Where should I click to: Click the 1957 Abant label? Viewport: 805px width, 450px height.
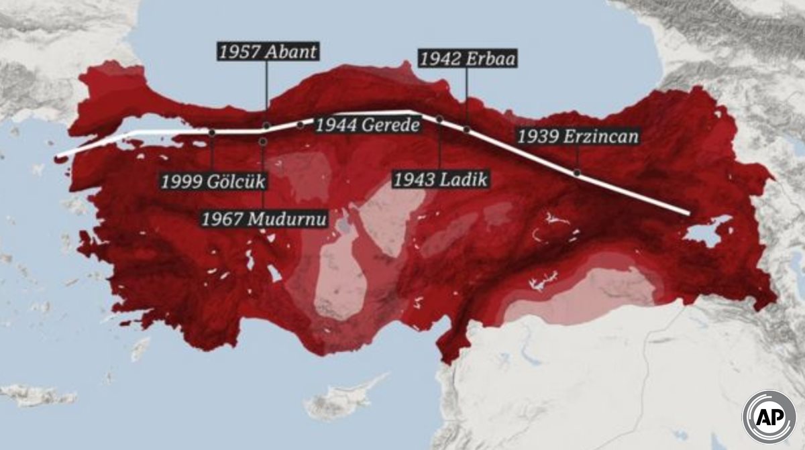click(x=266, y=52)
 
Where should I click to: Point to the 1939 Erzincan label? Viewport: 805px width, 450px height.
click(x=578, y=137)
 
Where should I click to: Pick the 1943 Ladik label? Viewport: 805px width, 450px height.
click(x=439, y=179)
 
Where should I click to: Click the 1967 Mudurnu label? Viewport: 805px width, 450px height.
click(x=264, y=219)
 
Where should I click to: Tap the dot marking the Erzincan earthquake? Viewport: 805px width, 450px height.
click(x=577, y=173)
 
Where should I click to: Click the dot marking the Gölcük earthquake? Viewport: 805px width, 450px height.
click(x=212, y=133)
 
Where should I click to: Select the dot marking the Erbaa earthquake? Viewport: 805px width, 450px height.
click(x=467, y=129)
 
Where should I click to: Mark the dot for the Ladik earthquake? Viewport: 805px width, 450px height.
click(x=439, y=119)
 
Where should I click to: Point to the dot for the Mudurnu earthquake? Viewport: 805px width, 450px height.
click(x=263, y=142)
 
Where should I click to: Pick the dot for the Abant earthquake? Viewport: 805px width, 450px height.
click(x=266, y=125)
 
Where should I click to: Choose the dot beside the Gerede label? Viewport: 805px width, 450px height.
click(x=300, y=125)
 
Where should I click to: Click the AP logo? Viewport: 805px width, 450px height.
click(x=768, y=416)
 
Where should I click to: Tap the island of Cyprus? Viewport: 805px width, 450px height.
click(x=339, y=402)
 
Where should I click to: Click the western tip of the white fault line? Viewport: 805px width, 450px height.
click(x=58, y=156)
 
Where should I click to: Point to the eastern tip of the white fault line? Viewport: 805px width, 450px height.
click(x=688, y=213)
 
